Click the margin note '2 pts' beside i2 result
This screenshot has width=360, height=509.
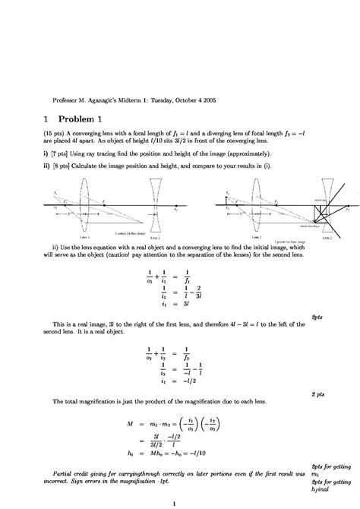(x=318, y=395)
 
